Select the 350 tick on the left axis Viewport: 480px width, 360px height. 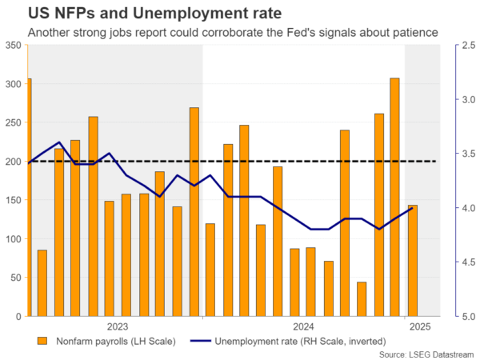(x=14, y=46)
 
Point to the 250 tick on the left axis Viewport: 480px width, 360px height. (x=14, y=123)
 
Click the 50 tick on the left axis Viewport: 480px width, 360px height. (x=16, y=278)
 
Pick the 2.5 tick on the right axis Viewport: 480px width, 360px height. (x=466, y=46)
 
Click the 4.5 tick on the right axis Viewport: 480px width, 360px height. (x=466, y=262)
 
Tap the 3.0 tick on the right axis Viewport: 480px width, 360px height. (x=466, y=100)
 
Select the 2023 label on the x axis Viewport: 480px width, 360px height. (x=117, y=326)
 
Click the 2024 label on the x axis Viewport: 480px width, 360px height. (x=303, y=326)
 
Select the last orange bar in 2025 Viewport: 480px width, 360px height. (x=412, y=261)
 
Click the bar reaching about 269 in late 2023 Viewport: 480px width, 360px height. (x=194, y=212)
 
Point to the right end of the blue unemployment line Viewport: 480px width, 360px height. (x=412, y=208)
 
